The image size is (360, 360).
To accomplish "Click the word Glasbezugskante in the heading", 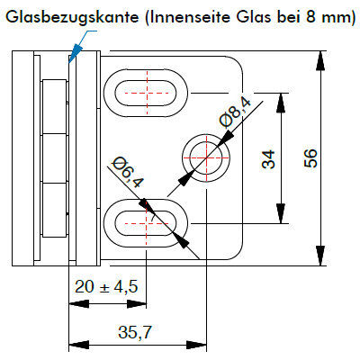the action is coord(72,17).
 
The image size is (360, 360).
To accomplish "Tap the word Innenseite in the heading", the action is coord(190,17).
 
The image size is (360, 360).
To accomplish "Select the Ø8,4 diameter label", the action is coord(236,113).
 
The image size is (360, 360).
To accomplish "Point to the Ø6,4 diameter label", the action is coord(128,173).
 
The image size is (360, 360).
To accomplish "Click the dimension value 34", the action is coord(268,159).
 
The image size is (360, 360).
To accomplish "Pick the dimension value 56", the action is coord(310,158).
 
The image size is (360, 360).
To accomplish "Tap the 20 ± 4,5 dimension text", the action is coord(106,286).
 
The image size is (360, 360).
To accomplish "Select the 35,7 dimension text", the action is coord(135,332).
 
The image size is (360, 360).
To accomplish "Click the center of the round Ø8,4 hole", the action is coord(206,157).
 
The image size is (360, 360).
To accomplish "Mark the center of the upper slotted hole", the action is coord(146,93).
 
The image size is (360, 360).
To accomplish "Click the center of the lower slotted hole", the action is coord(146,223).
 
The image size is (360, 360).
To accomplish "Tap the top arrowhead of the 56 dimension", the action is coord(320,61).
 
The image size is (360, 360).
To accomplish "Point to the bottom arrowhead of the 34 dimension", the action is coord(281,213).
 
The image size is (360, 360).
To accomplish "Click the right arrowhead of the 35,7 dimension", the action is coord(196,345).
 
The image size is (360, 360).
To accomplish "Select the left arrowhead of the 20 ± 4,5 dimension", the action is coord(79,304).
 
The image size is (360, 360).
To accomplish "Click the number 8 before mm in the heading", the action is coord(310,17).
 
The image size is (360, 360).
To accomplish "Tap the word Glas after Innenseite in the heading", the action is coord(253,17).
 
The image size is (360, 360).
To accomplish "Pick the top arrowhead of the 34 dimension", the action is coord(281,103).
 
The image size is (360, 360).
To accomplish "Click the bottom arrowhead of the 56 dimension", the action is coord(320,256).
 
